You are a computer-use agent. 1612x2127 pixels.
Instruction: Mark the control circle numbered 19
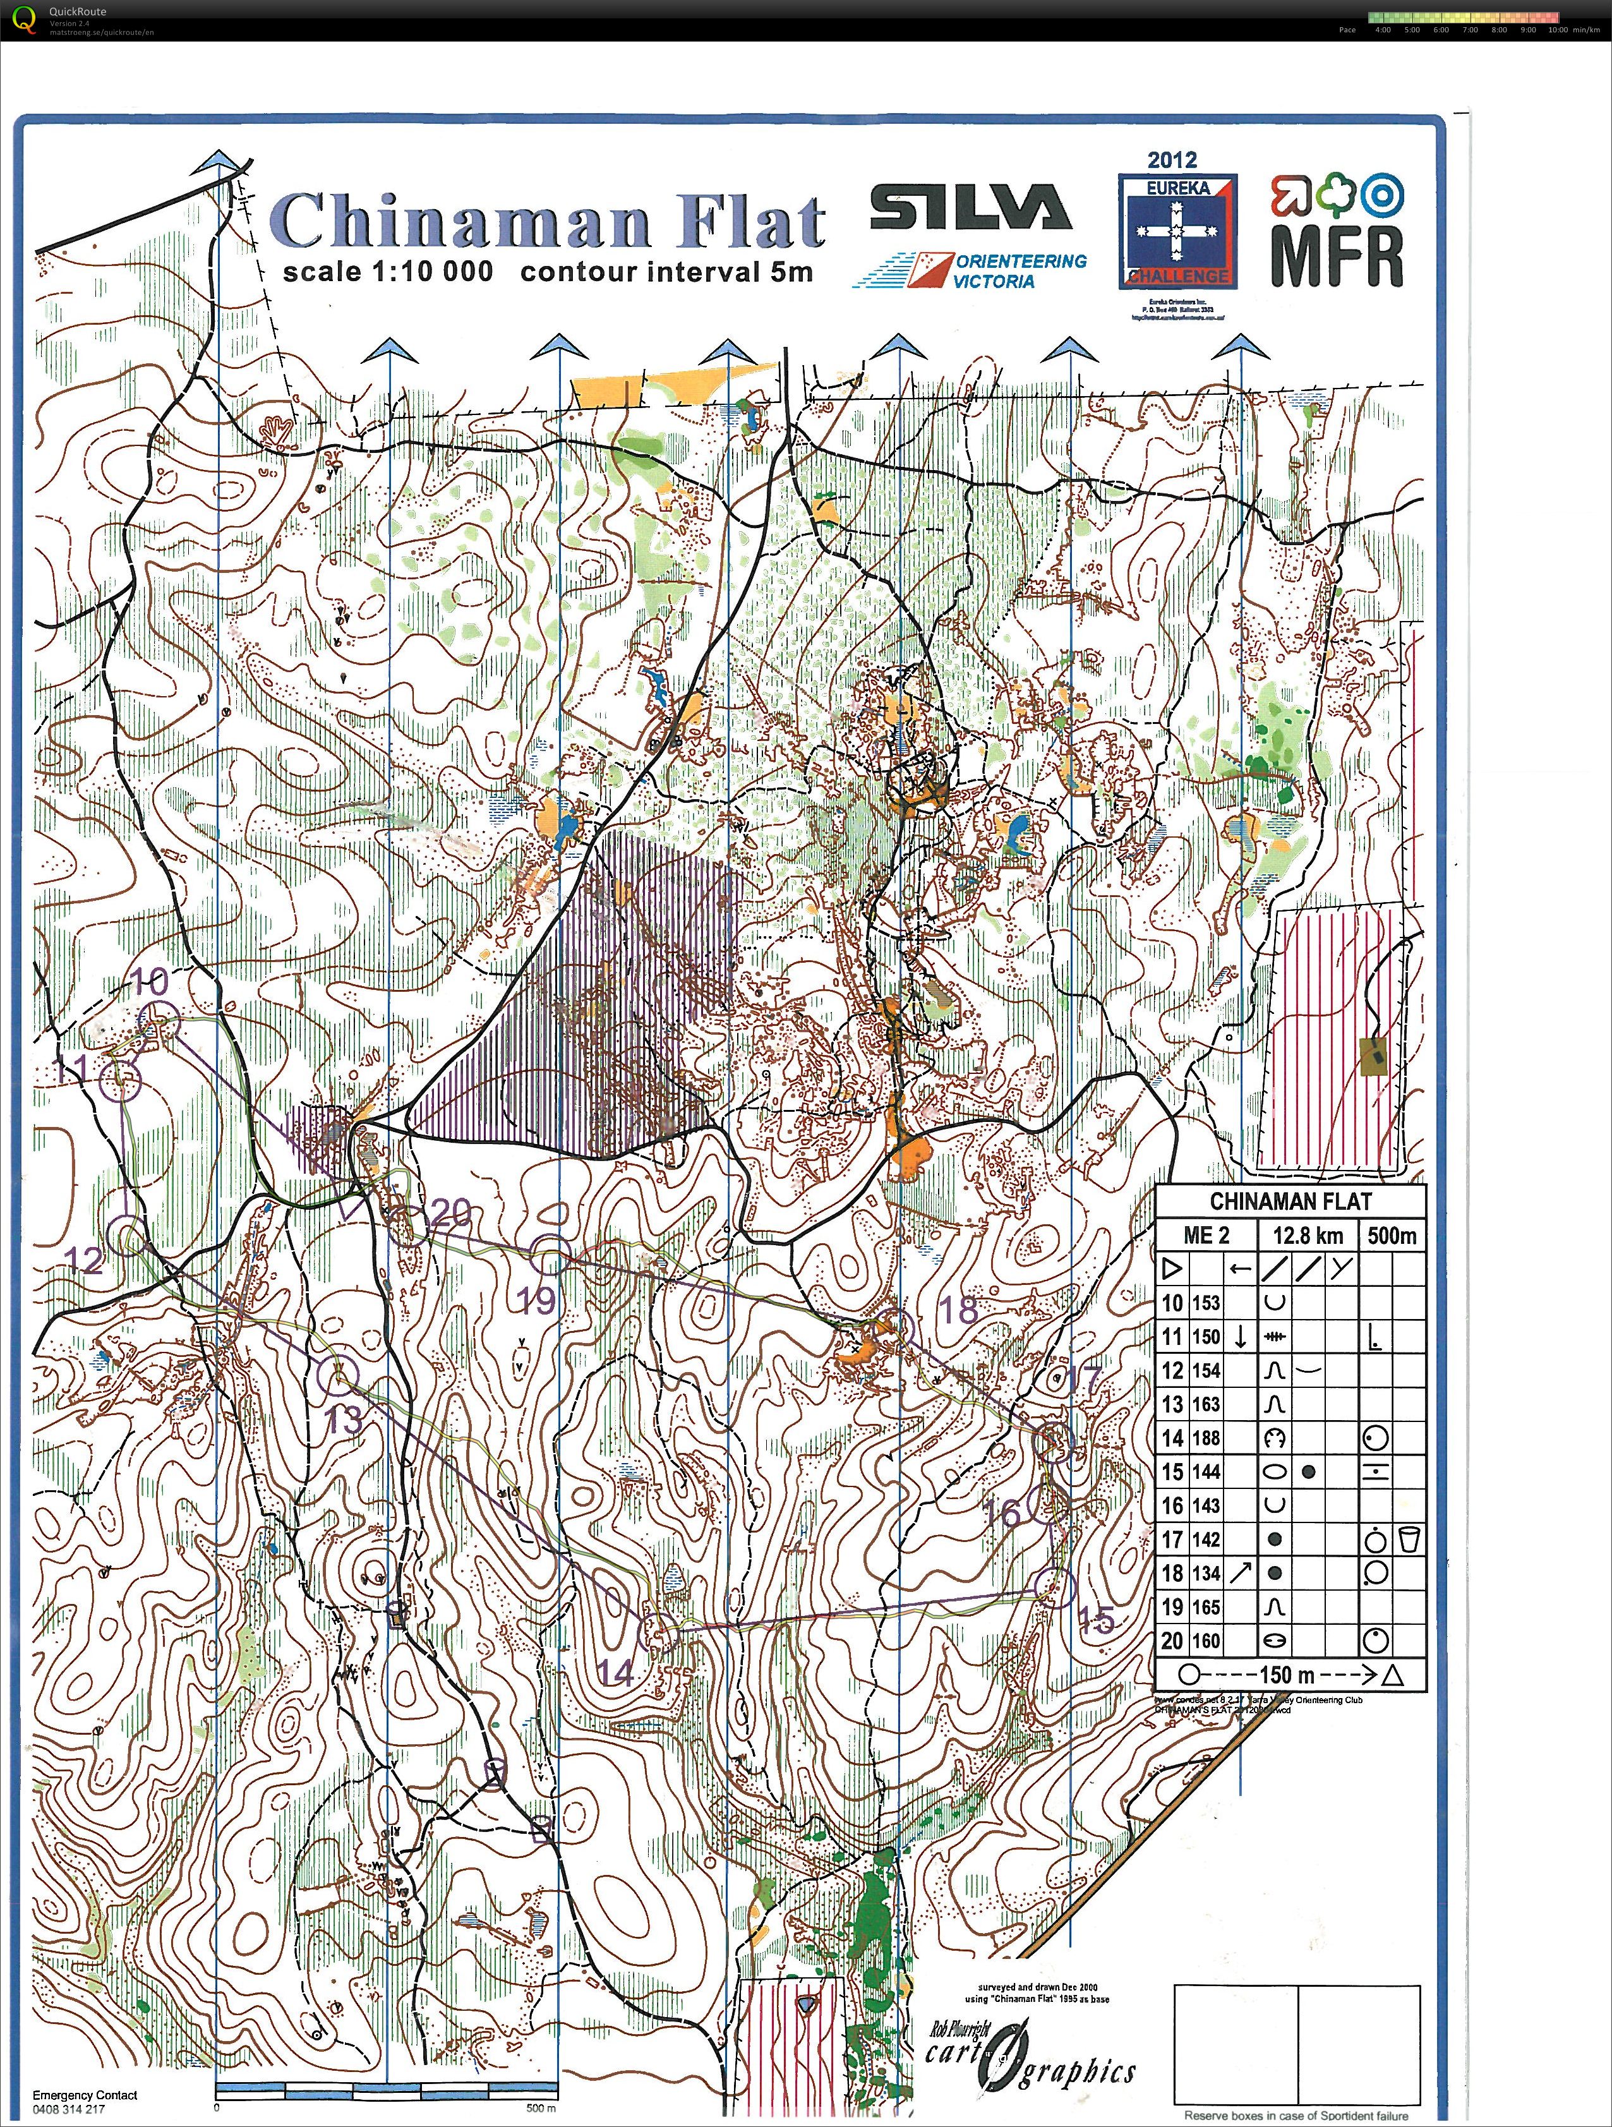click(551, 1254)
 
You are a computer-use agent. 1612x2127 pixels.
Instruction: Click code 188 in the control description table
click(1205, 1438)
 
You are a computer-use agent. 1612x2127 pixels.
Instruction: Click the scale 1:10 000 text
click(387, 272)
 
